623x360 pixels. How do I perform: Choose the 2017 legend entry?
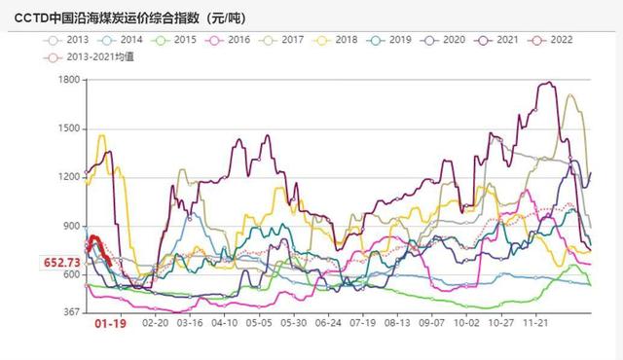[291, 40]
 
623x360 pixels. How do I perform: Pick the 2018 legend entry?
[345, 40]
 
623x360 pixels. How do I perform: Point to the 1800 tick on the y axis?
[67, 80]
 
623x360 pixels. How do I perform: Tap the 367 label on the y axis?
[71, 312]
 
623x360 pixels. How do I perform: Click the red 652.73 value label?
[61, 262]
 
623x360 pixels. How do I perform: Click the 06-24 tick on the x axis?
[329, 322]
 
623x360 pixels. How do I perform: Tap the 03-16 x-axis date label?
[190, 322]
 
